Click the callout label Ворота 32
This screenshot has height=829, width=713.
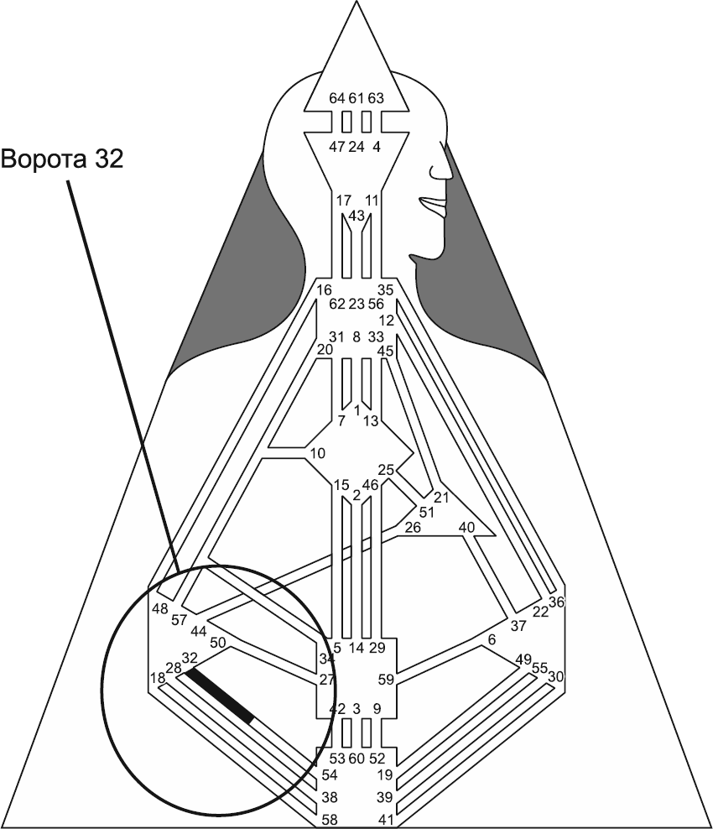point(63,159)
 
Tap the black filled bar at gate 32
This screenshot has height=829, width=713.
point(220,696)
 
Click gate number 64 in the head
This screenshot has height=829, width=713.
point(337,99)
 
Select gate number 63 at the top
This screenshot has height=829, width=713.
point(376,99)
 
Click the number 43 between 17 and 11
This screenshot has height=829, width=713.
point(356,216)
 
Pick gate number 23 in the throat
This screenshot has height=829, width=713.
point(356,305)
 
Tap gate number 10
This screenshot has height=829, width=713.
point(317,454)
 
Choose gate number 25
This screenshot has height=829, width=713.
point(386,469)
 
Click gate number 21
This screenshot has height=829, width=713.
point(442,498)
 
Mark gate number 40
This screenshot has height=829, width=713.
point(466,528)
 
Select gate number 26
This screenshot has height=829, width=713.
point(413,528)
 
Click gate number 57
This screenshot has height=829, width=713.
point(179,621)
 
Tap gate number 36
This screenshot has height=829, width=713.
point(557,602)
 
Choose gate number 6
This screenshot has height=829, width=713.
point(492,640)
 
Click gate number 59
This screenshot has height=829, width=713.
point(386,680)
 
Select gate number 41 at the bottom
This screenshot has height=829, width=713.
point(386,819)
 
